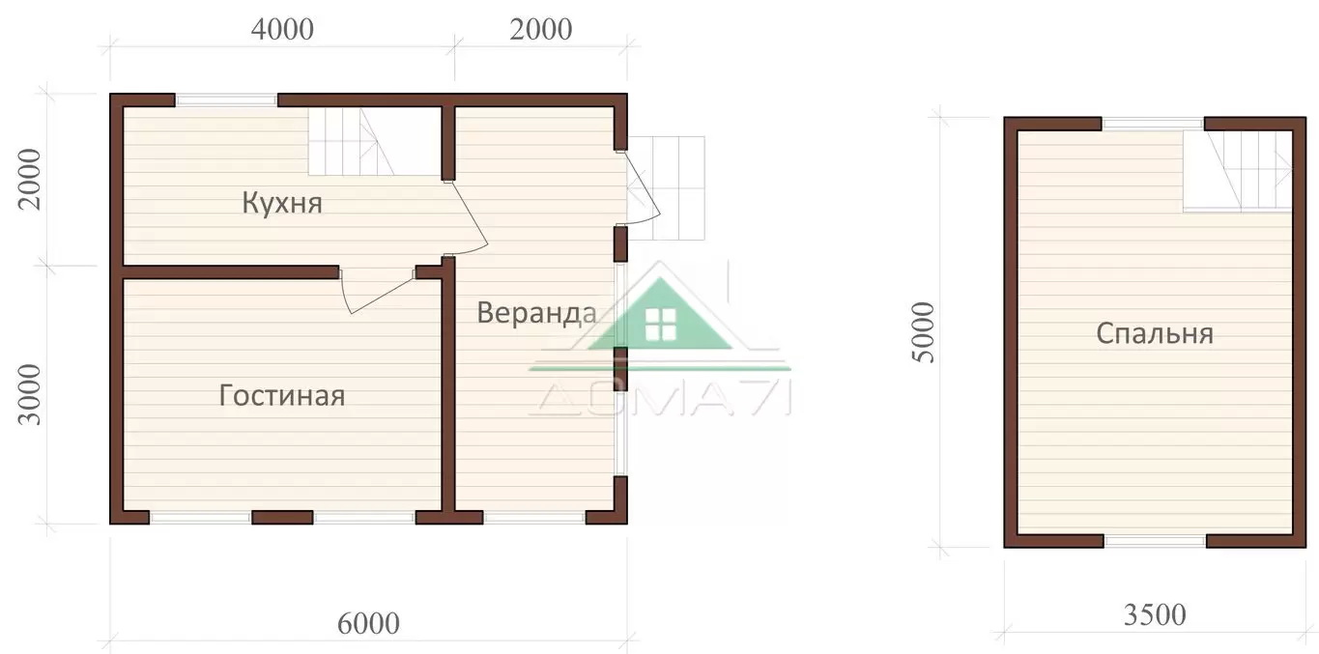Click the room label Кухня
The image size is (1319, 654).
(282, 203)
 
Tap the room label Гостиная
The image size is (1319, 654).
(281, 395)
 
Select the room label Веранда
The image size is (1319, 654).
(536, 313)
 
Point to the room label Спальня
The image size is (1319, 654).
(1154, 334)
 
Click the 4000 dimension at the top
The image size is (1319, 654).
(282, 29)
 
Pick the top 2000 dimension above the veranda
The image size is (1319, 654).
(540, 29)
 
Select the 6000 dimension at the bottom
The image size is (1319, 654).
(368, 623)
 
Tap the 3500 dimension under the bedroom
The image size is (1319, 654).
(1155, 615)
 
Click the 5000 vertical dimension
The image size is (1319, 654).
(923, 332)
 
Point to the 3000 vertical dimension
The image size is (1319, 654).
(29, 394)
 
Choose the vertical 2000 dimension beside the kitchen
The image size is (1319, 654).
(29, 180)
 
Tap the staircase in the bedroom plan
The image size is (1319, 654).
(1238, 171)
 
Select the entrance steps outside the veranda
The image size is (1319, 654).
(667, 187)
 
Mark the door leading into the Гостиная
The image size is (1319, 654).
(377, 292)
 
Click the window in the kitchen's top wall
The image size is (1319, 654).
(226, 100)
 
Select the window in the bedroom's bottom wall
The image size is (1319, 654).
(1155, 541)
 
